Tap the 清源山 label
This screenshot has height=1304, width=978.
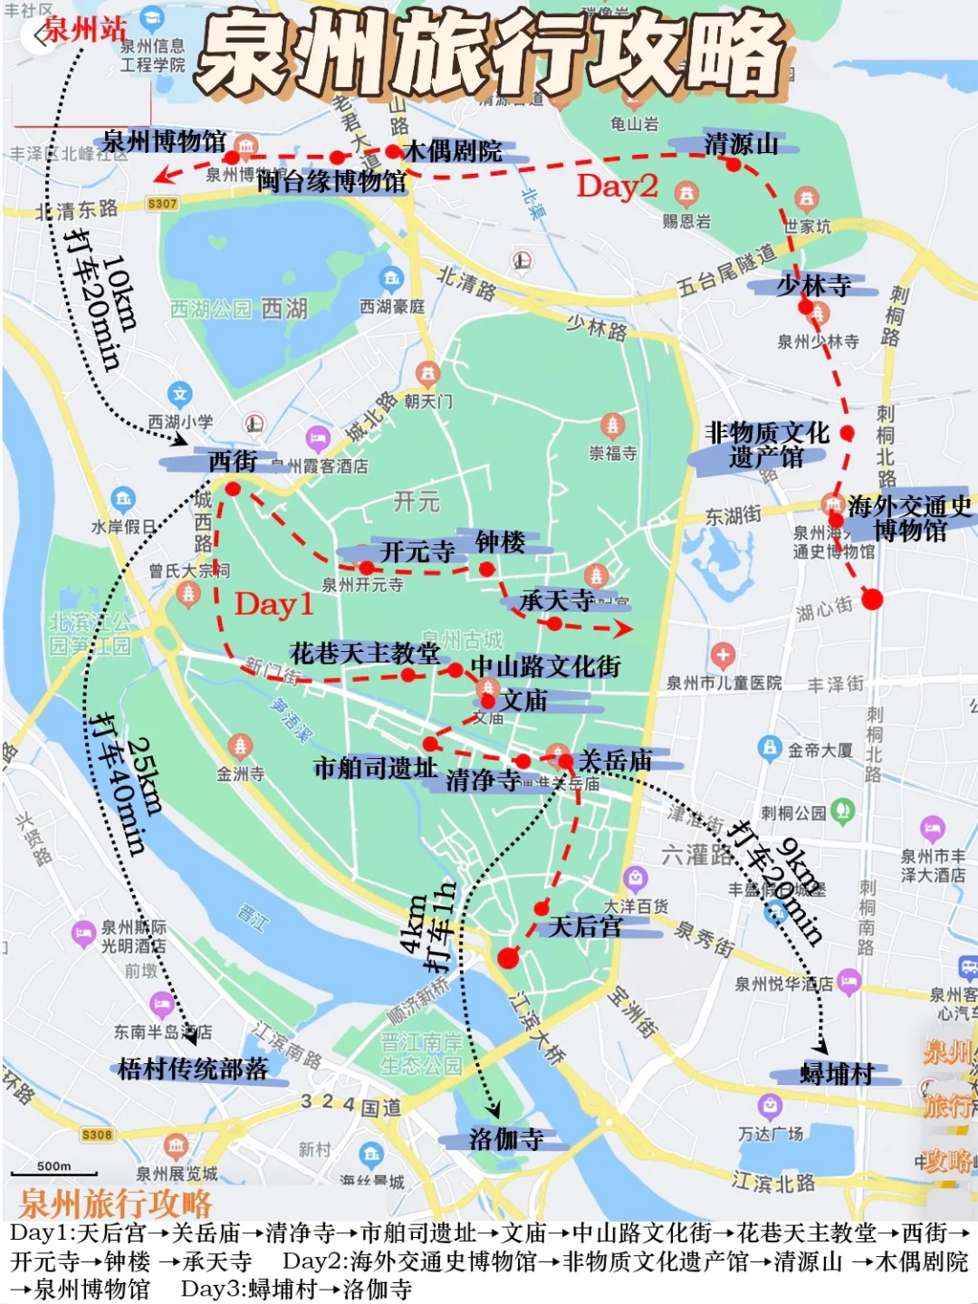point(741,143)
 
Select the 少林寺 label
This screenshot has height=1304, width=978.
point(813,285)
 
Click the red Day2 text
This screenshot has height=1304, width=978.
point(617,186)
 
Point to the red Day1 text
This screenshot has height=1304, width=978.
point(273,604)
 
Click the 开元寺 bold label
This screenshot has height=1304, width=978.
point(417,551)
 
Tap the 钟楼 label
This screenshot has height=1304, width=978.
point(500,542)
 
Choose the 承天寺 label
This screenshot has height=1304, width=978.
point(556,599)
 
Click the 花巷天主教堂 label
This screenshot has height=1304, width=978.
point(364,653)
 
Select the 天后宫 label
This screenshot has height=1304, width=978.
point(586,925)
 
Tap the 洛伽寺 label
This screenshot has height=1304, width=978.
point(506,1139)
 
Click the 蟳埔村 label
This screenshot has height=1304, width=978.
point(837,1074)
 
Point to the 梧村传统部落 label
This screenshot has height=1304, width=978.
point(193,1069)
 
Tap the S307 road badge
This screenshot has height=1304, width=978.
point(162,204)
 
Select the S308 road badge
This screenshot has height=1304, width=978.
point(97,1135)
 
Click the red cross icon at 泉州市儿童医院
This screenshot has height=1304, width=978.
point(722,654)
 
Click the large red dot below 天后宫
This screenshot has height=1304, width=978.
point(508,957)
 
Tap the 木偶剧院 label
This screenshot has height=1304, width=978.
point(453,150)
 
